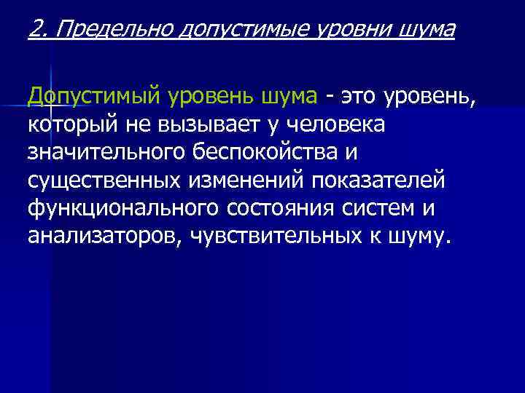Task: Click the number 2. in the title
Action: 38,30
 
